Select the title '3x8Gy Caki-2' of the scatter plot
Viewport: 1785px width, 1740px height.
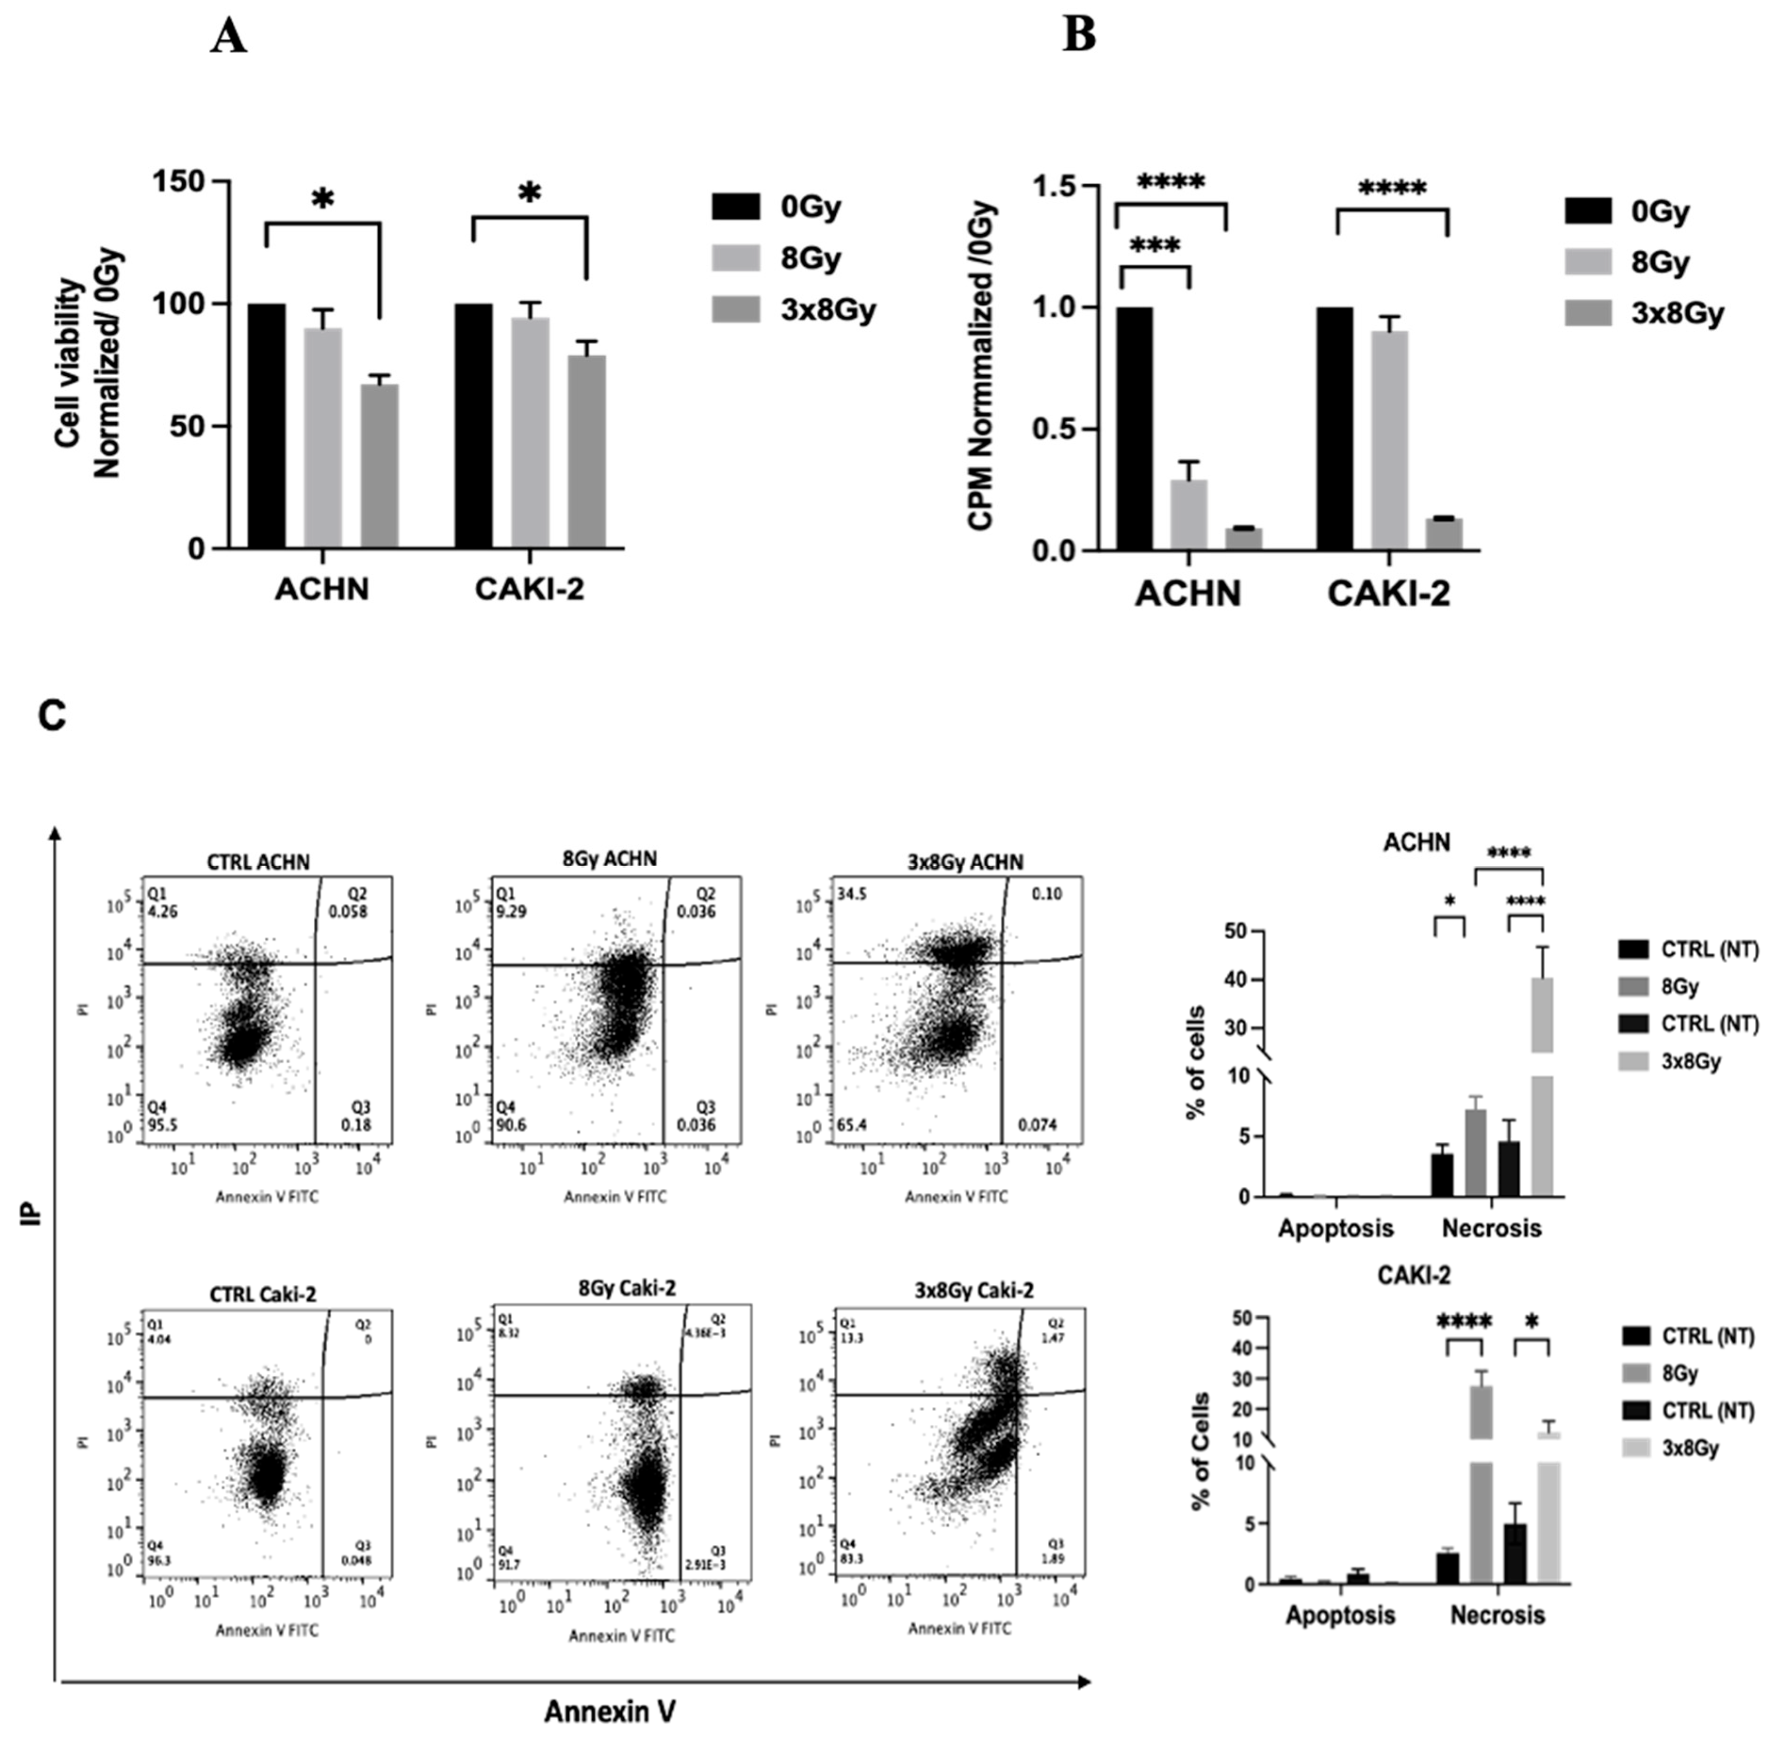click(974, 1291)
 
